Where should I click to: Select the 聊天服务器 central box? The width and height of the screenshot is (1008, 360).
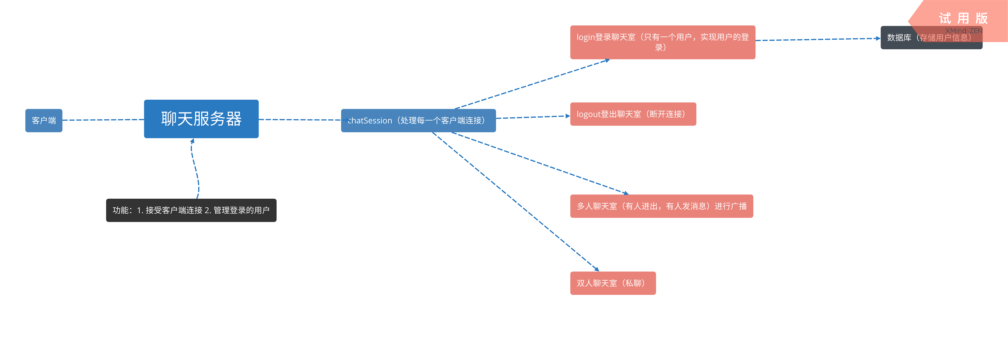[201, 119]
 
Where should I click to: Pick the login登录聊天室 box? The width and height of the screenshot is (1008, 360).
[662, 42]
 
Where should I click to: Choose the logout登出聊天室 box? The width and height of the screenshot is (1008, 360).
[633, 114]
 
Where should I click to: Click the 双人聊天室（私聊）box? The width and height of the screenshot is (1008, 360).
[613, 283]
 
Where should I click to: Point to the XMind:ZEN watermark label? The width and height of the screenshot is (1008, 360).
[963, 31]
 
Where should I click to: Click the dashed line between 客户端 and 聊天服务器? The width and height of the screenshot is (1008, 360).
[103, 120]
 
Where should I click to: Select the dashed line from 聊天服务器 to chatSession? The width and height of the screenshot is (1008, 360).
[299, 120]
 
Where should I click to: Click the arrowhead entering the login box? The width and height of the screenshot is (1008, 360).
[607, 60]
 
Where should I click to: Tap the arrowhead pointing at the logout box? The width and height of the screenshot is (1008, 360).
[568, 116]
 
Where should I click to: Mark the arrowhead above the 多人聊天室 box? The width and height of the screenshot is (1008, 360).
[626, 193]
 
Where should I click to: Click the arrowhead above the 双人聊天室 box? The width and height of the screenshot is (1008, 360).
[596, 269]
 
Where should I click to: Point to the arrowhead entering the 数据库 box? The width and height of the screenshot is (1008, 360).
[878, 38]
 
